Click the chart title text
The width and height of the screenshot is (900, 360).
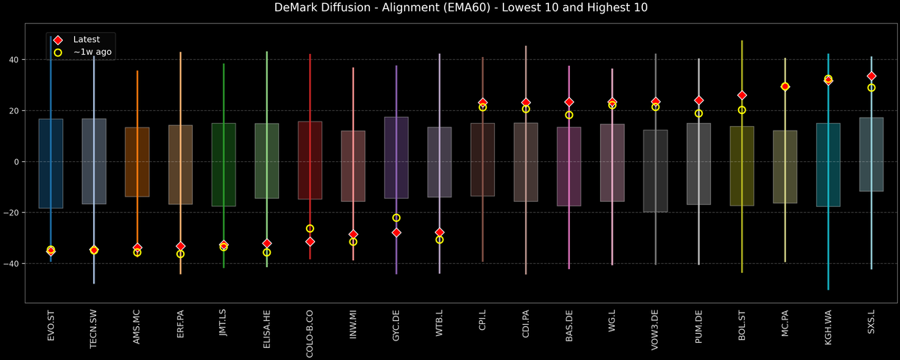[449, 8]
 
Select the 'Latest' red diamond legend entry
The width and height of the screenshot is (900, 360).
[80, 39]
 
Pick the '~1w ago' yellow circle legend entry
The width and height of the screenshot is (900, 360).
[87, 52]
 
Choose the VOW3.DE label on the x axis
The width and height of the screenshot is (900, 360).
[655, 329]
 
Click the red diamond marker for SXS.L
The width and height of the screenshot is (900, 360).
[871, 76]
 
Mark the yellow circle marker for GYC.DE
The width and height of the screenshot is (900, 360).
[397, 217]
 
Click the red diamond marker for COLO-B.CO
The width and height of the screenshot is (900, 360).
[310, 241]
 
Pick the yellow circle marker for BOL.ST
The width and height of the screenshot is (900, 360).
[742, 110]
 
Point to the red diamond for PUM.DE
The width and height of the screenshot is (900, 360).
[699, 100]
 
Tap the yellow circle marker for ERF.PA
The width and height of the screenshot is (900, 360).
[181, 254]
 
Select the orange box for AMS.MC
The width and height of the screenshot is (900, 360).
[137, 162]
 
